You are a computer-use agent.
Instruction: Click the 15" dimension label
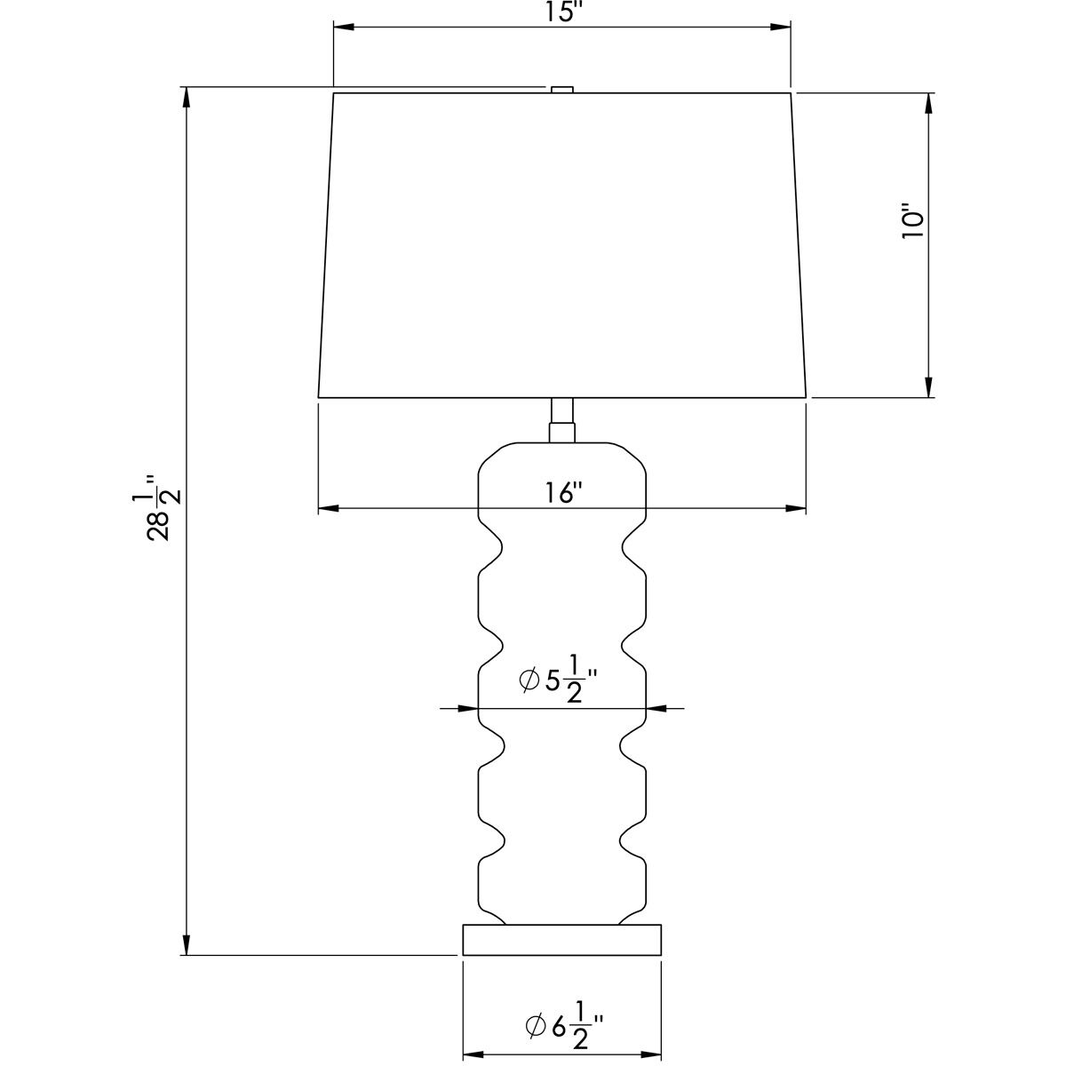pyautogui.click(x=561, y=12)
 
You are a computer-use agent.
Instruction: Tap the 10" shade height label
pyautogui.click(x=912, y=222)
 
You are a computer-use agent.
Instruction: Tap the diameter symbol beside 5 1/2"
pyautogui.click(x=528, y=681)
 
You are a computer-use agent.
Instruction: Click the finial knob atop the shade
pyautogui.click(x=561, y=88)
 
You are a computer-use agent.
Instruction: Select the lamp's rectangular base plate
pyautogui.click(x=562, y=940)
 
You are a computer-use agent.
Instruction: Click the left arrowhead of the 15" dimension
pyautogui.click(x=343, y=27)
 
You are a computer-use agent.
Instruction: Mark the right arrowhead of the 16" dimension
pyautogui.click(x=796, y=509)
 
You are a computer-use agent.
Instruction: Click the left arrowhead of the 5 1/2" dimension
pyautogui.click(x=469, y=708)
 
